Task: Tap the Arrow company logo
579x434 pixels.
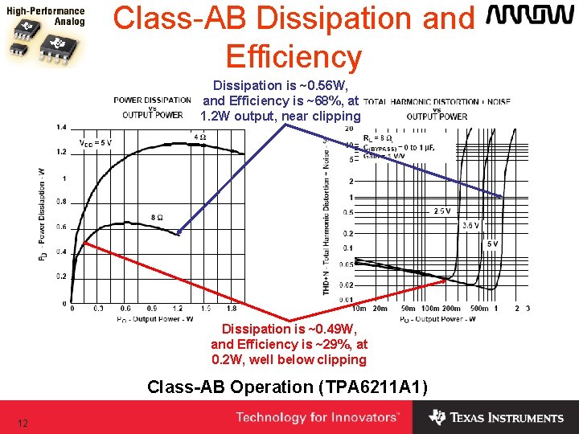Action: tap(528, 17)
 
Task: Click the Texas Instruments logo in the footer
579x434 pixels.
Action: tap(496, 417)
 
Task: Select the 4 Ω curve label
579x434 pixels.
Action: tap(200, 137)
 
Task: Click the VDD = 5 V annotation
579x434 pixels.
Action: tap(95, 143)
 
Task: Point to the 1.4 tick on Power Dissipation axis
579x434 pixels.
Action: tap(61, 127)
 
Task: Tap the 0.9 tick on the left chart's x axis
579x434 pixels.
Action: tap(151, 308)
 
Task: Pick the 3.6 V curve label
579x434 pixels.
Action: tap(471, 225)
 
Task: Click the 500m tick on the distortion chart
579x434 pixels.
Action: tap(479, 308)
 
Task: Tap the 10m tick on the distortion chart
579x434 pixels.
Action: tap(359, 308)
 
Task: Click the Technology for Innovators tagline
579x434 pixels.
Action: tap(318, 417)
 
